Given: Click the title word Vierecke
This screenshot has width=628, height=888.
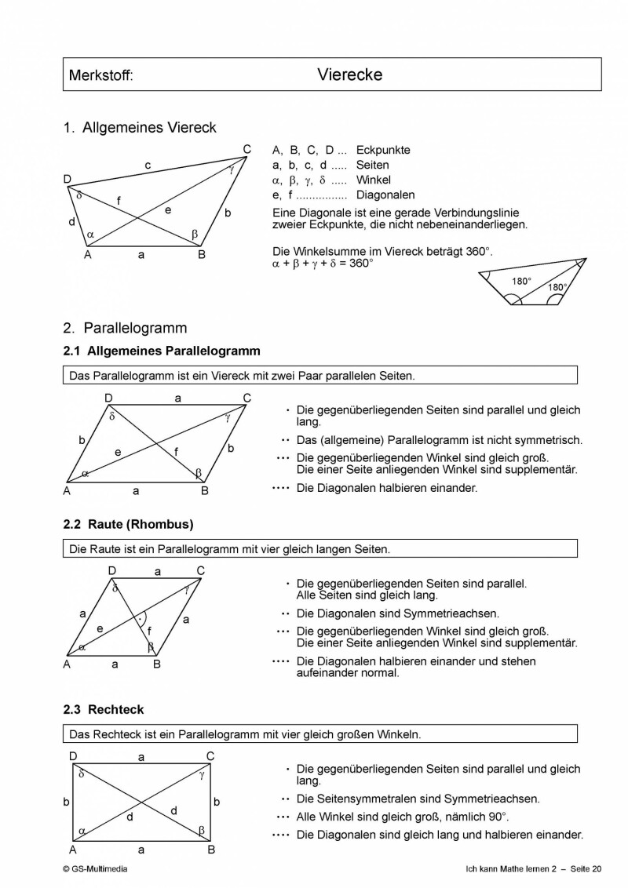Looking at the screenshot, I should (349, 75).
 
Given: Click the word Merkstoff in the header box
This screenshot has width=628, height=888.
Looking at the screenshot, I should (101, 76).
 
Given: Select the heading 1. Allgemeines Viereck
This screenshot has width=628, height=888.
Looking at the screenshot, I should (140, 127).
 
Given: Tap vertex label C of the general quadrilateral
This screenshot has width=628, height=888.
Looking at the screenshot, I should (246, 150).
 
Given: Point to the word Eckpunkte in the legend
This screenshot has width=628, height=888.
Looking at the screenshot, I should (383, 150).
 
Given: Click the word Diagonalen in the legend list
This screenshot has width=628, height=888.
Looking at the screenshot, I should (385, 195).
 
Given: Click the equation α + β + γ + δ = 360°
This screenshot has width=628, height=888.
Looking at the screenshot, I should (323, 264).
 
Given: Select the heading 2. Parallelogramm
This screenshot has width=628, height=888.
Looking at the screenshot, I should (126, 328).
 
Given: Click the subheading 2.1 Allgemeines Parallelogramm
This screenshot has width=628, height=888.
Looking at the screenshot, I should (162, 351).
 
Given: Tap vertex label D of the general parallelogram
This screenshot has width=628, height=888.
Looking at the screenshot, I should (109, 399).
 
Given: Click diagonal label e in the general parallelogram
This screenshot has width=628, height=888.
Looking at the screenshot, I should (118, 452).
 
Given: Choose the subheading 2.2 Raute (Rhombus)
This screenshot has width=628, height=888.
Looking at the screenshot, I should (128, 524).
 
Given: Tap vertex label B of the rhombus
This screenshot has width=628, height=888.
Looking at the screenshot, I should (157, 664).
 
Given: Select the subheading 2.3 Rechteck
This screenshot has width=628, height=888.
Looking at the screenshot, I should (104, 709).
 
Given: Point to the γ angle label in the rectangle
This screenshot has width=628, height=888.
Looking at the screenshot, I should (202, 774).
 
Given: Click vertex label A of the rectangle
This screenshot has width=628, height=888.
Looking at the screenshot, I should (72, 849).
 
